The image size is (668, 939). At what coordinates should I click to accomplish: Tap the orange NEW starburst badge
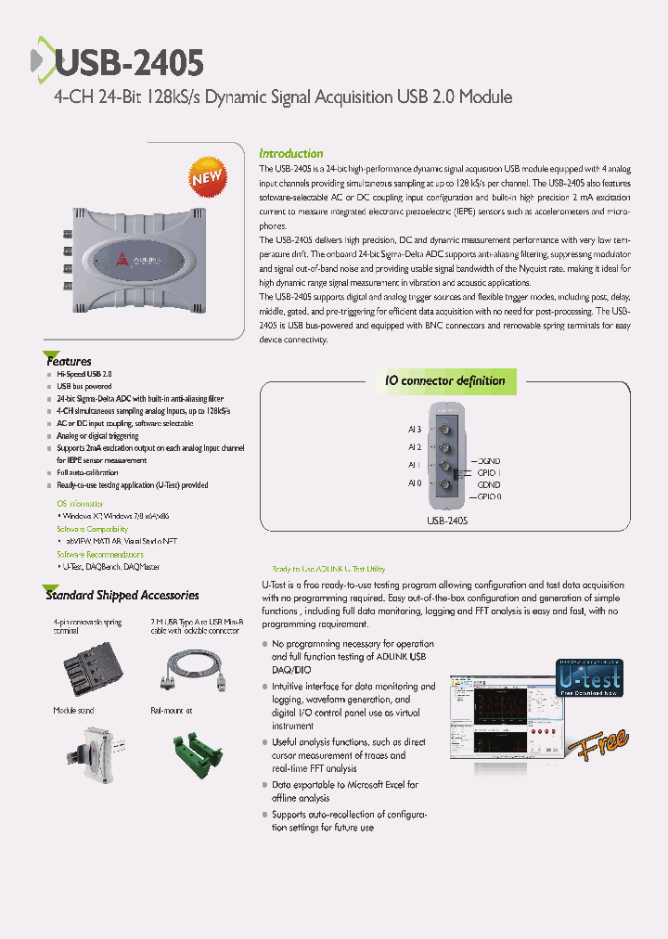(207, 177)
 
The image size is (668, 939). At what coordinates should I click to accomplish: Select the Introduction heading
(290, 153)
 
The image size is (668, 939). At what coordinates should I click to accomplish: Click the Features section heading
(69, 361)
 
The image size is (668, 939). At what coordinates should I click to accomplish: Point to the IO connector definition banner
(445, 380)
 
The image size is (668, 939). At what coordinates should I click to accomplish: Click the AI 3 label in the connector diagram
(414, 429)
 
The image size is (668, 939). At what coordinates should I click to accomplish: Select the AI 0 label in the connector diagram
(414, 483)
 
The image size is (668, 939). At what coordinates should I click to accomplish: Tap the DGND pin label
(488, 461)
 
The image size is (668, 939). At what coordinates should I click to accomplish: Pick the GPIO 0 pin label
(488, 496)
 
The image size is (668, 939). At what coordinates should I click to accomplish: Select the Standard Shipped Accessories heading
(122, 595)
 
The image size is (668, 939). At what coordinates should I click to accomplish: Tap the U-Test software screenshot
(506, 720)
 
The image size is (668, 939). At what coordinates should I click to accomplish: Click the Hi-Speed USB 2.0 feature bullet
(84, 373)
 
